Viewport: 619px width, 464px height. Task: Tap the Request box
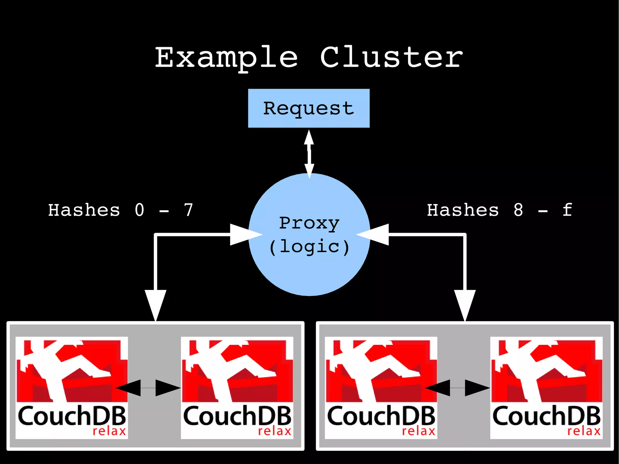(x=309, y=108)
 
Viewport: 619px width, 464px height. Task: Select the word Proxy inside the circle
(x=309, y=224)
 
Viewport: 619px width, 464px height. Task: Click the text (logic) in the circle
(x=309, y=247)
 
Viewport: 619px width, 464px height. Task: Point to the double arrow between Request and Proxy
(x=309, y=154)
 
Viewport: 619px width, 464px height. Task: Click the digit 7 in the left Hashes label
(x=189, y=210)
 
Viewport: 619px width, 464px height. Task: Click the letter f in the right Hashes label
(x=567, y=210)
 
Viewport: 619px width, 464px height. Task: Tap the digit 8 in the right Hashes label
(x=518, y=210)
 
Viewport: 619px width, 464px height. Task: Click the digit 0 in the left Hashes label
(x=139, y=210)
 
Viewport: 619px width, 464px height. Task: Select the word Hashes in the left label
(x=84, y=210)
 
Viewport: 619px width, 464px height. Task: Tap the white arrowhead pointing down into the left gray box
(x=155, y=304)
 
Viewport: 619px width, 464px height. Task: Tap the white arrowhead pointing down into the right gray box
(x=465, y=304)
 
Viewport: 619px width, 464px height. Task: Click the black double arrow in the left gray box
(x=148, y=388)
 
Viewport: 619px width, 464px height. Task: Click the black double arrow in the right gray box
(x=457, y=388)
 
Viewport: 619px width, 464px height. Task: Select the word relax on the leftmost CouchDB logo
(x=109, y=431)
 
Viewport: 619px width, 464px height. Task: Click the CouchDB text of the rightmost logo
(x=546, y=416)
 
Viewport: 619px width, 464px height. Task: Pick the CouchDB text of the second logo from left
(x=237, y=416)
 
